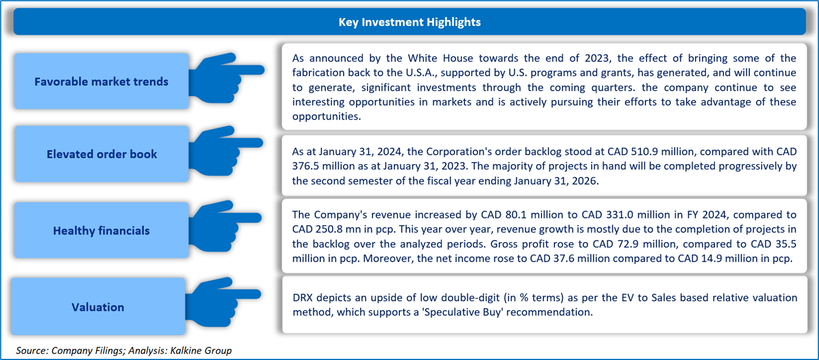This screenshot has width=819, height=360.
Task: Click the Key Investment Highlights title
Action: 410,22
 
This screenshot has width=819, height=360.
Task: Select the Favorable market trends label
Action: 101,82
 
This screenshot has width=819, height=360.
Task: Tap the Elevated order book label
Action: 102,154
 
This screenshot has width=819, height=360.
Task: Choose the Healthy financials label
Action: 101,231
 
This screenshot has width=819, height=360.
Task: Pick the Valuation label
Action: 98,307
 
